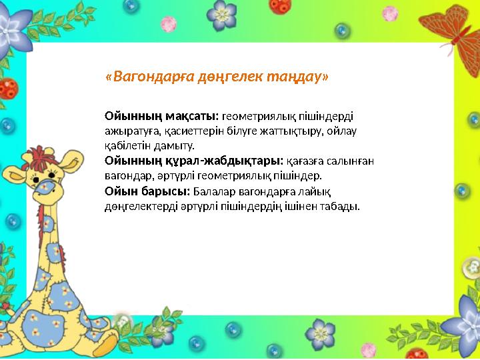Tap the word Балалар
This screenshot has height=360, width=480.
[x=203, y=191]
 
